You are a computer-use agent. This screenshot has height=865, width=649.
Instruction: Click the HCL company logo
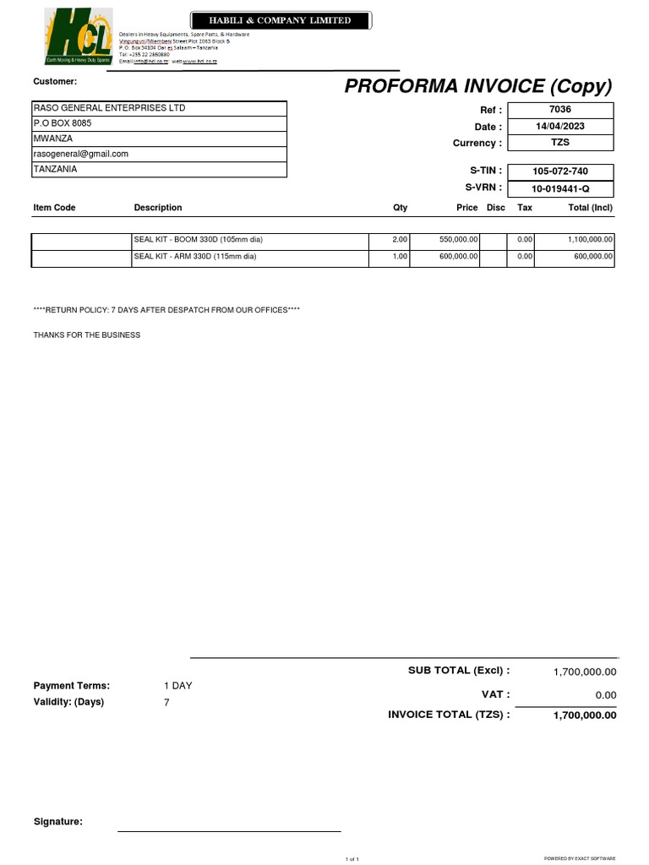(x=78, y=36)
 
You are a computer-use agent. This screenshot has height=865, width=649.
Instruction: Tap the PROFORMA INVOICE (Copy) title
(x=477, y=86)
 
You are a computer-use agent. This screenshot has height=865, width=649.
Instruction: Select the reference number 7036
(x=560, y=110)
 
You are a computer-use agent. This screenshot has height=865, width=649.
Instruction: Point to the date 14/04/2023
(x=560, y=126)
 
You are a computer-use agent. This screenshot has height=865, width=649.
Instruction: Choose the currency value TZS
(x=560, y=143)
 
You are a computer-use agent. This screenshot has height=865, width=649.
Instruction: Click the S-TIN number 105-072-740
(x=560, y=171)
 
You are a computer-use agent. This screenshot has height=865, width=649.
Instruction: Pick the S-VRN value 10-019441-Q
(x=560, y=188)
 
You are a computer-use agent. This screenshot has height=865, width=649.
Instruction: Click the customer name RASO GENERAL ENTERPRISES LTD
(x=109, y=108)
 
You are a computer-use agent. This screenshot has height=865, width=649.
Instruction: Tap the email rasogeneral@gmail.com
(x=81, y=154)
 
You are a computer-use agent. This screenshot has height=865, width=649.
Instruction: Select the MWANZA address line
(x=53, y=139)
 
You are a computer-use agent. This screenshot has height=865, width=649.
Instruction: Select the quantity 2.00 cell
(x=400, y=240)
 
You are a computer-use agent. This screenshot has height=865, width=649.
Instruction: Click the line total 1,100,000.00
(x=590, y=240)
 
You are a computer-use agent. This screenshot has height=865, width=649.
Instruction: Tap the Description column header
(x=158, y=208)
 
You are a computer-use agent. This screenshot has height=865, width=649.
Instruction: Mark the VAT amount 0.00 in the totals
(x=605, y=695)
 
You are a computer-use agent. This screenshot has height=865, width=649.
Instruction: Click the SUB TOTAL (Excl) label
(x=459, y=671)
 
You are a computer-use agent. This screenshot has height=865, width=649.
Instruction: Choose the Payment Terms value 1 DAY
(x=178, y=686)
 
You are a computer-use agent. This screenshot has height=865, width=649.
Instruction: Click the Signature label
(x=57, y=822)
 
